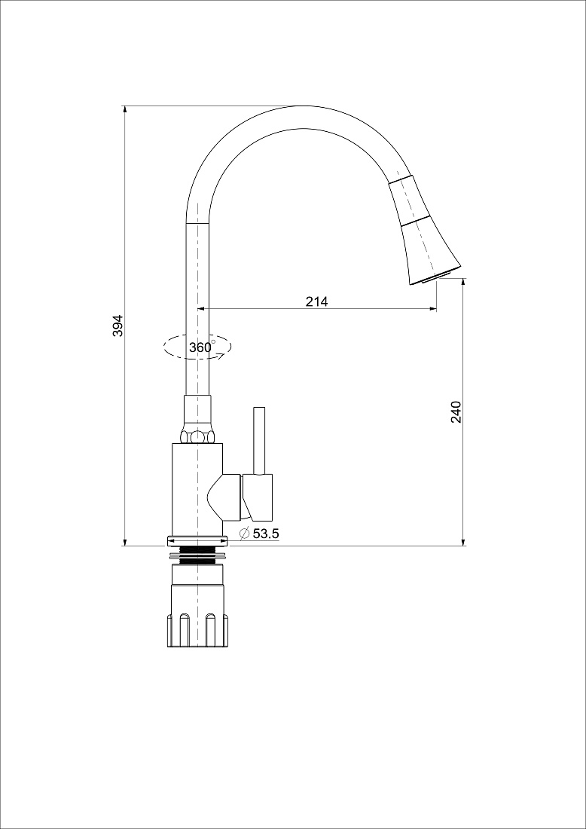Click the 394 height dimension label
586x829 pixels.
(118, 326)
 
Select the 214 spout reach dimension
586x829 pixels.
(316, 301)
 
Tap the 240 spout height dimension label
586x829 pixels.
(456, 411)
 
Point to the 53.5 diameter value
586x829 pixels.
(266, 534)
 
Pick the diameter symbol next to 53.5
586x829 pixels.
(245, 534)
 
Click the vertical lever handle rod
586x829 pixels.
(259, 440)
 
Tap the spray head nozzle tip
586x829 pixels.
(436, 277)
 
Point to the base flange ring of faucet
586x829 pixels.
(197, 541)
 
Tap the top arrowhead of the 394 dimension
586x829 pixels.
(125, 109)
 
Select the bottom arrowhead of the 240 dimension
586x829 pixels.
(463, 542)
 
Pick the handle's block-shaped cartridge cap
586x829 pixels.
(258, 497)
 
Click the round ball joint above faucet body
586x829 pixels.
(197, 436)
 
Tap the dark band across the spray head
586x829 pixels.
(415, 222)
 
